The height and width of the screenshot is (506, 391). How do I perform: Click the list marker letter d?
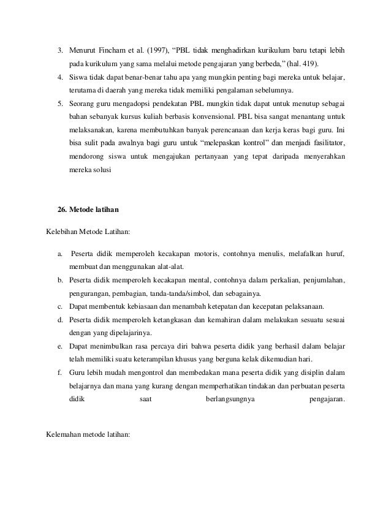tap(59, 320)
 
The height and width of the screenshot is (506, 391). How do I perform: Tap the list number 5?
tap(59, 102)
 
